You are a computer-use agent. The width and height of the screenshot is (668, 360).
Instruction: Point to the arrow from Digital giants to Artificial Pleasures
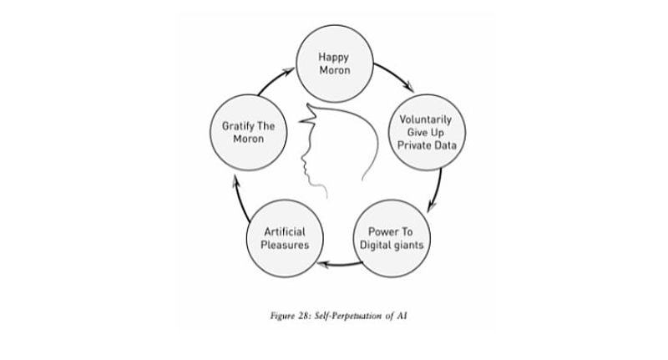340,265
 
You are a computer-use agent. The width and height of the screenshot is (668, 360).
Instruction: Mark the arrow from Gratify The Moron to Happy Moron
275,80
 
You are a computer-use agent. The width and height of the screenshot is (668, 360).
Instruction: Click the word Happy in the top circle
333,57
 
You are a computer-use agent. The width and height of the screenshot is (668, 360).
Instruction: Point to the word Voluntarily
426,119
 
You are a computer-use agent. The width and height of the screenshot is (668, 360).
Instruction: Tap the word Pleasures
285,245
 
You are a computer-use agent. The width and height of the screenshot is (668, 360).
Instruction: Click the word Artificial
285,231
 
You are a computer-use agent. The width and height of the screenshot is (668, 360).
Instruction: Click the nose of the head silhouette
302,160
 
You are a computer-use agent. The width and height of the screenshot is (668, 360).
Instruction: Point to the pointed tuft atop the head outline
308,115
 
